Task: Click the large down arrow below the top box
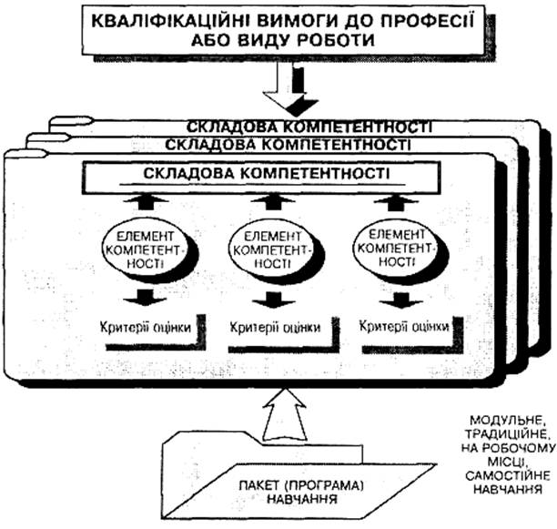click(289, 89)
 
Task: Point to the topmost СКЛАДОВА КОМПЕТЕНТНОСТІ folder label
click(309, 127)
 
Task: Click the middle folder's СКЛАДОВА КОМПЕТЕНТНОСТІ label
click(289, 145)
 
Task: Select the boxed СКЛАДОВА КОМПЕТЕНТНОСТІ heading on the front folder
click(267, 173)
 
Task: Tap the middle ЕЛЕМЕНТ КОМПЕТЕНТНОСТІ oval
click(272, 250)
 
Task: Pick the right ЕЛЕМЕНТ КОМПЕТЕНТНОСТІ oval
click(397, 249)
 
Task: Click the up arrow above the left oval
click(146, 202)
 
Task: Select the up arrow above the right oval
click(397, 202)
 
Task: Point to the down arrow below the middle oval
click(274, 300)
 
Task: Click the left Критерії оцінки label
click(146, 327)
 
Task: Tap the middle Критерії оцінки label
click(275, 327)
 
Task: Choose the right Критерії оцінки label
click(404, 326)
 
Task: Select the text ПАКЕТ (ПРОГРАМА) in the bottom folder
click(301, 485)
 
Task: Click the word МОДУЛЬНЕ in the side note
click(507, 421)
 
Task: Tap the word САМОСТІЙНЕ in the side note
click(508, 475)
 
